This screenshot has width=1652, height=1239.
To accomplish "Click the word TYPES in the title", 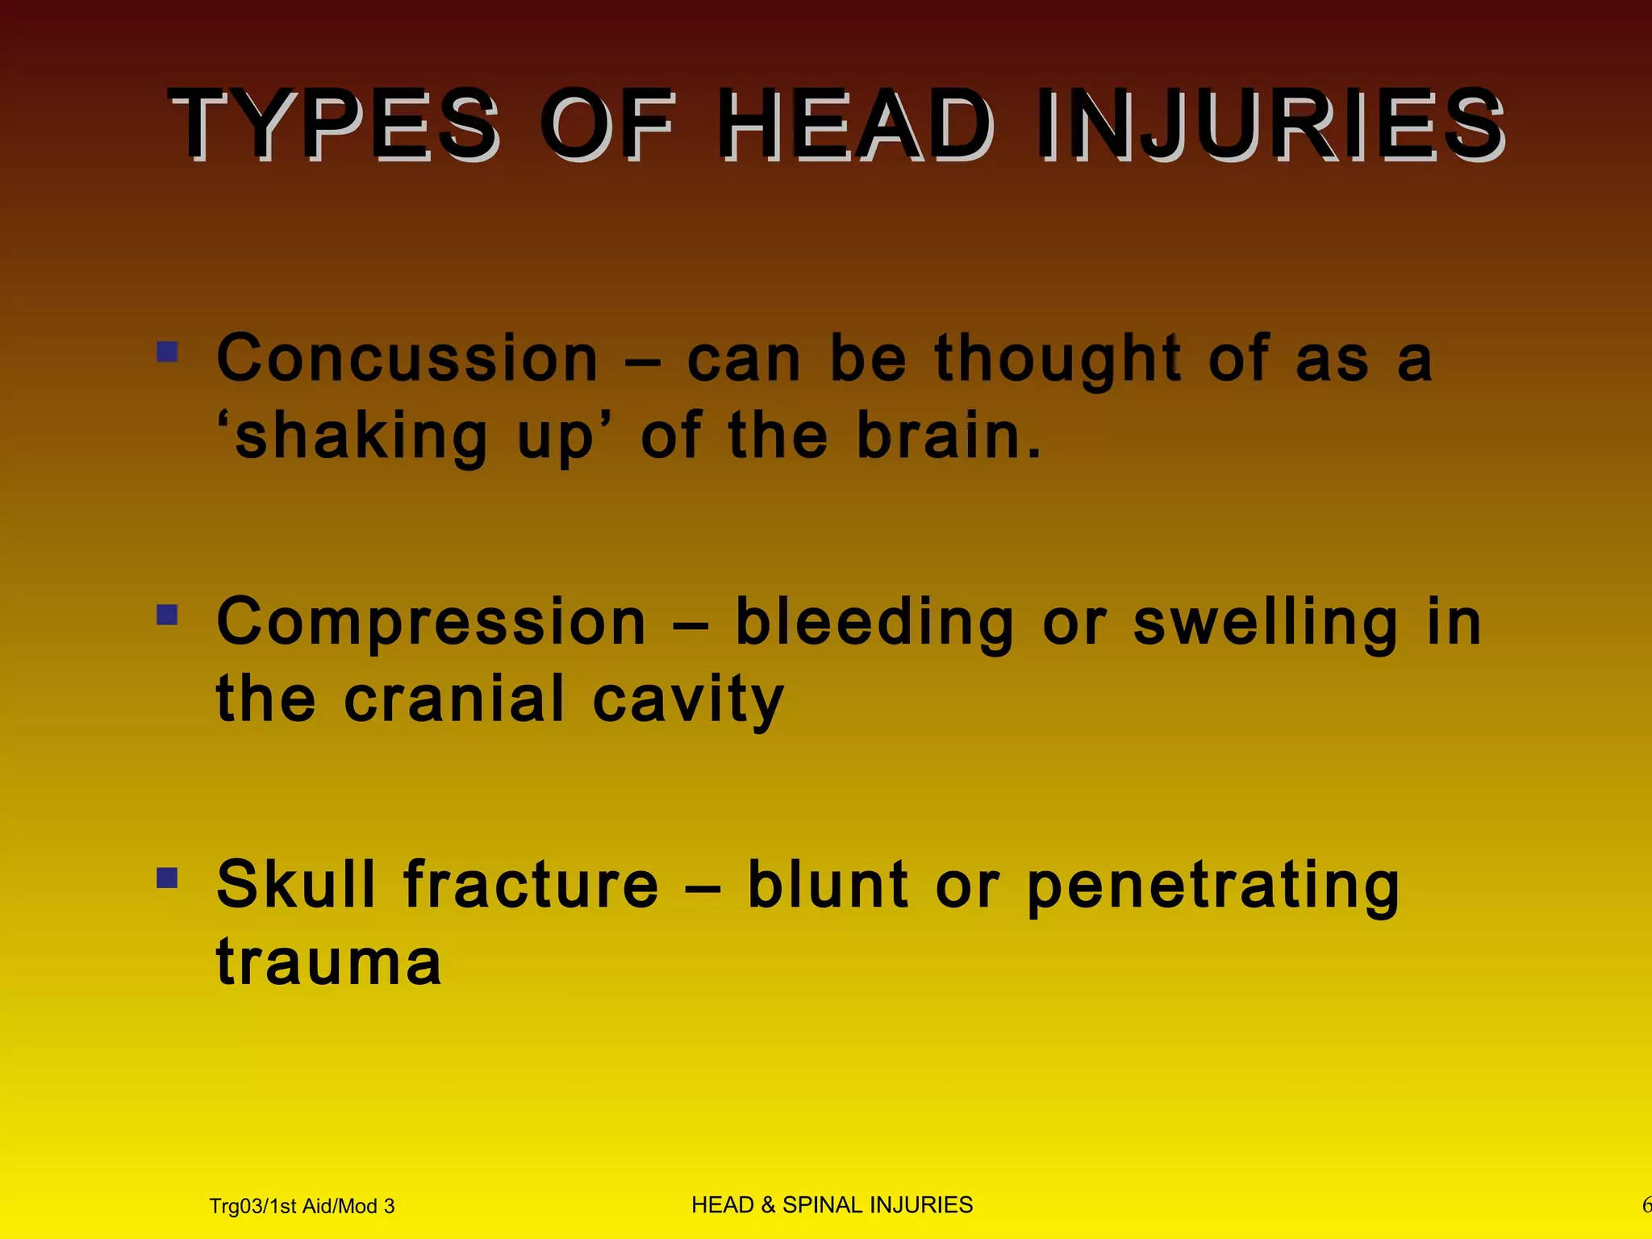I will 335,125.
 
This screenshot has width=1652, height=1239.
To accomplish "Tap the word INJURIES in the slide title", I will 1270,125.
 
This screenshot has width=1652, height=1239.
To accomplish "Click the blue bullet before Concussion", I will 167,352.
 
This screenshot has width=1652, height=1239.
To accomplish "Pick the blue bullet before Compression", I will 167,615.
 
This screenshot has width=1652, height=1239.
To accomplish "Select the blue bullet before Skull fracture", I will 167,878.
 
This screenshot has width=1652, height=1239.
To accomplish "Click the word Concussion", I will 407,358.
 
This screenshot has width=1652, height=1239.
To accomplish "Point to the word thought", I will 1058,360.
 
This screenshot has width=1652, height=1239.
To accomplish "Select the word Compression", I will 432,622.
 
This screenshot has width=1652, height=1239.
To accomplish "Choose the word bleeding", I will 874,624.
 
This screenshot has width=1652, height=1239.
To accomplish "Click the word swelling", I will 1266,624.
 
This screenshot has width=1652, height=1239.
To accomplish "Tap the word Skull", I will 296,884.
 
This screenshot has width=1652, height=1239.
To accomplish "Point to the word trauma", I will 329,962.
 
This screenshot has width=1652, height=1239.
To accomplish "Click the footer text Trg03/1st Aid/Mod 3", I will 302,1206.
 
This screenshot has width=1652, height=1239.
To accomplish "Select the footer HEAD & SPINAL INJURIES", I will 832,1205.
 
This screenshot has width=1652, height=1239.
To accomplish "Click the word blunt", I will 828,884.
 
